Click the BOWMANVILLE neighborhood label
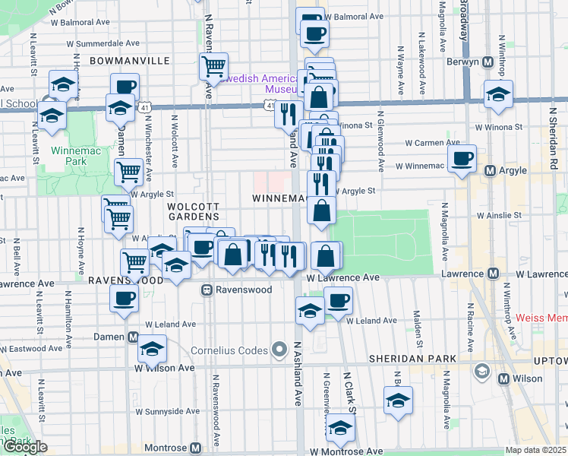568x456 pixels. pyautogui.click(x=122, y=59)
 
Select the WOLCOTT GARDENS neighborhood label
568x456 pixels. pyautogui.click(x=193, y=212)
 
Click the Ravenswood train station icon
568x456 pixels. pyautogui.click(x=206, y=290)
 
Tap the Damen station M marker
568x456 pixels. pyautogui.click(x=134, y=337)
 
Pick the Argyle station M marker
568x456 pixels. pyautogui.click(x=491, y=171)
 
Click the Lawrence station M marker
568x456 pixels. pyautogui.click(x=494, y=273)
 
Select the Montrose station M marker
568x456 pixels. pyautogui.click(x=196, y=448)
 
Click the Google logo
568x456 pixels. pyautogui.click(x=25, y=447)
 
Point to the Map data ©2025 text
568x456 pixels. pyautogui.click(x=536, y=450)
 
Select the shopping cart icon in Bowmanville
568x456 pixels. pyautogui.click(x=213, y=66)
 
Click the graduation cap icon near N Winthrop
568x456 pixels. pyautogui.click(x=498, y=95)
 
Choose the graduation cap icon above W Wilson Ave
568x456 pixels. pyautogui.click(x=152, y=348)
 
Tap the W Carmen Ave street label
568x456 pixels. pyautogui.click(x=432, y=142)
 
